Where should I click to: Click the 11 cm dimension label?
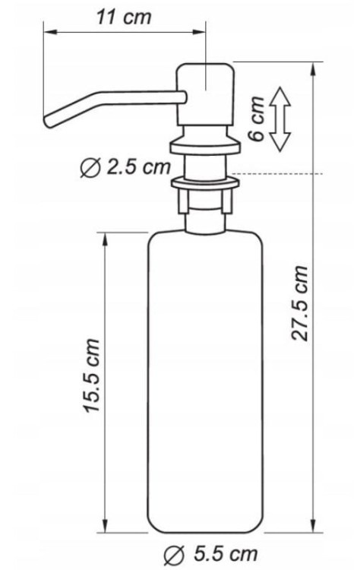click(x=124, y=17)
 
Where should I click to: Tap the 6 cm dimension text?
click(x=256, y=119)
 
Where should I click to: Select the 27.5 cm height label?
click(x=300, y=303)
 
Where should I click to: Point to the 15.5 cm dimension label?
click(x=91, y=375)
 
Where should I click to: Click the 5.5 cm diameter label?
click(x=226, y=554)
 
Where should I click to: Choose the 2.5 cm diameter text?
click(x=138, y=167)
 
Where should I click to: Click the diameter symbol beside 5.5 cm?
click(x=174, y=555)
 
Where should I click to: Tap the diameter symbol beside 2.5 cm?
click(x=90, y=168)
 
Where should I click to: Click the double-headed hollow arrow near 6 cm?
click(x=280, y=119)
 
